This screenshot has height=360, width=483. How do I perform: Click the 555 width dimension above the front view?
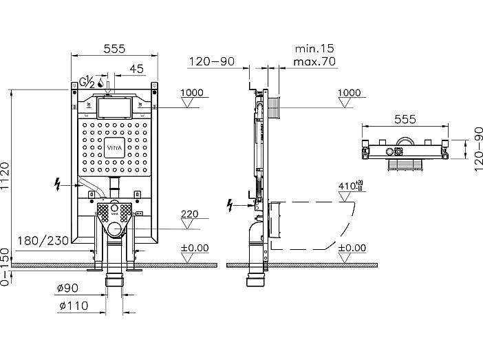click(114, 49)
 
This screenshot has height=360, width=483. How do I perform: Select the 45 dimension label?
click(136, 68)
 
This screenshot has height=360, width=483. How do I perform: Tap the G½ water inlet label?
click(87, 82)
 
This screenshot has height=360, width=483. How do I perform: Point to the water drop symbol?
click(100, 83)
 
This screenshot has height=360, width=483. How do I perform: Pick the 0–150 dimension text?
click(6, 267)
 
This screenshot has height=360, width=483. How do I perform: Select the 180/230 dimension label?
click(43, 241)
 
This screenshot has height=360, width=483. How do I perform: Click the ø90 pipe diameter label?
click(67, 288)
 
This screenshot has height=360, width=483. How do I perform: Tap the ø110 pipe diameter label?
click(74, 306)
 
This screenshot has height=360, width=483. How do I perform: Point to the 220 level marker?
click(190, 214)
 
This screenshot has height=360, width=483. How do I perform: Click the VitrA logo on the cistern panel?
click(114, 147)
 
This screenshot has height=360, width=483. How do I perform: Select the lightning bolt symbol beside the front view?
click(57, 185)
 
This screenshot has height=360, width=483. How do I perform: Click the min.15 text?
click(314, 48)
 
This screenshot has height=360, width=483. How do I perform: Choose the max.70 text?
click(314, 62)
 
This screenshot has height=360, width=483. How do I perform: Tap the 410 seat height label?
click(350, 186)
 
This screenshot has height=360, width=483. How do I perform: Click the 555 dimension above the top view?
click(405, 119)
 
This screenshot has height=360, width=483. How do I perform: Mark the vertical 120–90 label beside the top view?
click(477, 149)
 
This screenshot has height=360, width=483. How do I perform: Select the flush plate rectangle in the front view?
click(114, 108)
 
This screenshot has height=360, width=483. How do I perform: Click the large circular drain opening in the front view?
click(115, 229)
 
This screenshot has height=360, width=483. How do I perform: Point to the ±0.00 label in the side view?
click(352, 248)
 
